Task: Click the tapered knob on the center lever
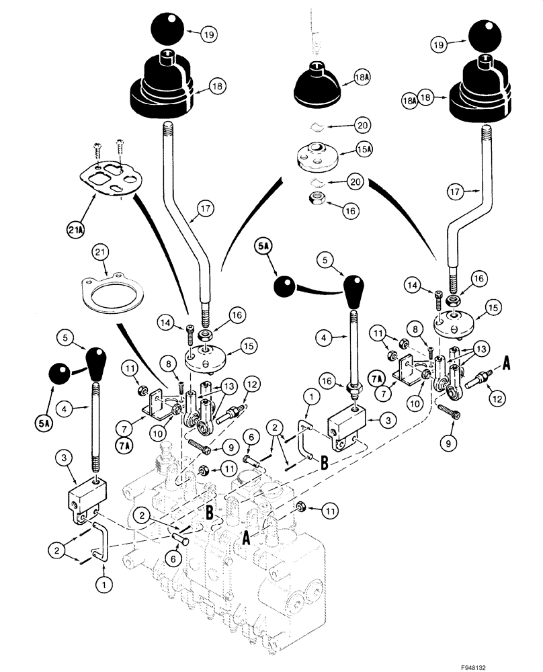[x=354, y=288]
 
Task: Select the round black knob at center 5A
[x=286, y=287]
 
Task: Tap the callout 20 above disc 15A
[x=362, y=126]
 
